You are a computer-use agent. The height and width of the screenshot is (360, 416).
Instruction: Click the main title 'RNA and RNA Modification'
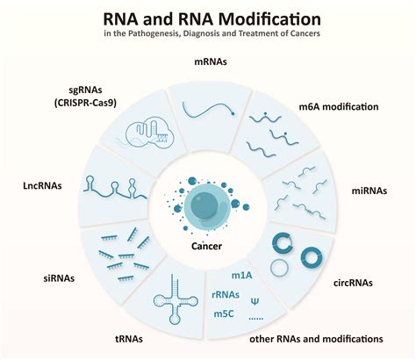(207, 18)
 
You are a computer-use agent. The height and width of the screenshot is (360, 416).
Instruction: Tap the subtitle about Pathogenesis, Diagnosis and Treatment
(207, 36)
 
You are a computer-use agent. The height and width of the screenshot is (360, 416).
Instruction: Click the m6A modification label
(339, 107)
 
